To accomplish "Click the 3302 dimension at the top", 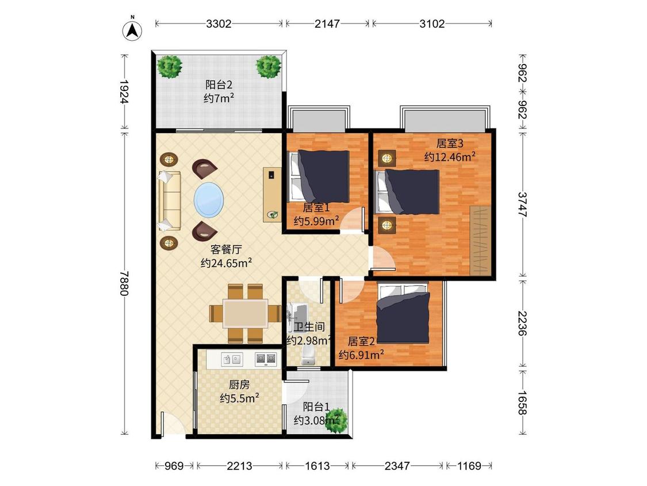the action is [x=219, y=24].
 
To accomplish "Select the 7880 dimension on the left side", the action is [x=124, y=283].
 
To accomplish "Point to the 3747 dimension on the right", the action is [x=522, y=204].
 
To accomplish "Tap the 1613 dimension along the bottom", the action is [x=317, y=466].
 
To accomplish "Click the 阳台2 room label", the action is [x=219, y=85].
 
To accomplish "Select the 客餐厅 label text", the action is [x=226, y=249].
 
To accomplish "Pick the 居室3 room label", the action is [x=450, y=143].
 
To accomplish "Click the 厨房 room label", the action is [x=239, y=385].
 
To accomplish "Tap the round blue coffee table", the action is [x=209, y=200].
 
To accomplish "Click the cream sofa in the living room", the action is [x=169, y=201].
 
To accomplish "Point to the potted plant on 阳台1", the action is [x=335, y=421].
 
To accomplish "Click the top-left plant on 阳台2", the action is [x=169, y=67].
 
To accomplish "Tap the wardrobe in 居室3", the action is [x=481, y=241].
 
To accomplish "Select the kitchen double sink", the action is [x=232, y=359].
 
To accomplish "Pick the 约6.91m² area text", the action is [x=362, y=355].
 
